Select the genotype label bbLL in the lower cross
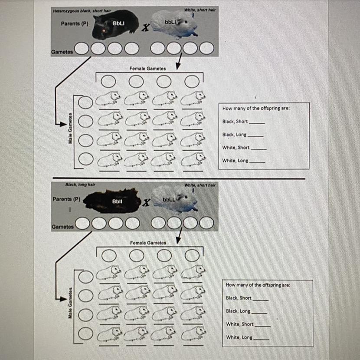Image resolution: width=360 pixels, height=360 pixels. [169, 199]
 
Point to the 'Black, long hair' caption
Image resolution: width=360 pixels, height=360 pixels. [80, 185]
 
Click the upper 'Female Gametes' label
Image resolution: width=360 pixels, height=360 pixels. [147, 68]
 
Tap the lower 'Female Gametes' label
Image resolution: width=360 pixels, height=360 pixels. [148, 243]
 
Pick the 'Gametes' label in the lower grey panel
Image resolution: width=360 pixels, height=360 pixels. [62, 227]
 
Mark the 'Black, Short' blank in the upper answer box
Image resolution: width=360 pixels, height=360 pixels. [256, 123]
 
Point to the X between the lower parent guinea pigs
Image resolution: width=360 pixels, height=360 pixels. [147, 203]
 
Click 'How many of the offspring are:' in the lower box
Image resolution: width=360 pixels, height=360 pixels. [258, 285]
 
